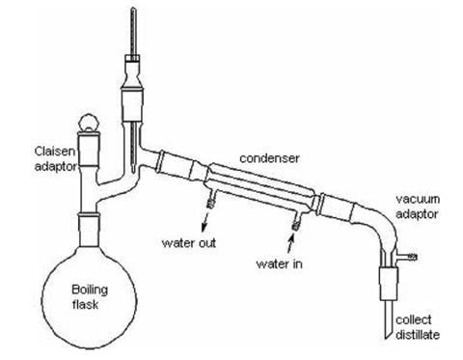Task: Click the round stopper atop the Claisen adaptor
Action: tap(89, 124)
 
